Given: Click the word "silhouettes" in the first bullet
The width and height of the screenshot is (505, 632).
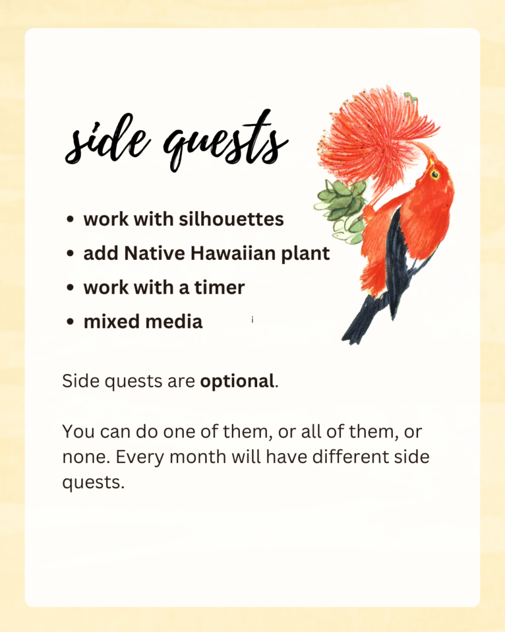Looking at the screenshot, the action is tap(231, 219).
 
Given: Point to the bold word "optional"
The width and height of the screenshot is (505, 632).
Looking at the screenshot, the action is tap(237, 381).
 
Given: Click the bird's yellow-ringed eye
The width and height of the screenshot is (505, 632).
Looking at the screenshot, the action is tap(435, 175).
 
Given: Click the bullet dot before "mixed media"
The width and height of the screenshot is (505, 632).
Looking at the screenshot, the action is tap(70, 322).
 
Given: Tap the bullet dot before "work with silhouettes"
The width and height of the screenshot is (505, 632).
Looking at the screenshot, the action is tap(70, 219).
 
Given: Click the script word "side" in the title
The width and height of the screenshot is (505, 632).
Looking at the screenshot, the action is tap(107, 139).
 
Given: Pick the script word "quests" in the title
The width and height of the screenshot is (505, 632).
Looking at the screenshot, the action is tap(226, 141).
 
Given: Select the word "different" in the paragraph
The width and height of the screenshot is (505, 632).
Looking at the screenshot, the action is tap(351, 457).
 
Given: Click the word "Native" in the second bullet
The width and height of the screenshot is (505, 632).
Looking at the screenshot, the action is tap(155, 253).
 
